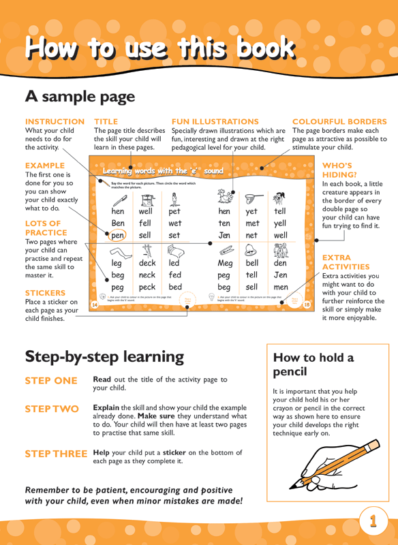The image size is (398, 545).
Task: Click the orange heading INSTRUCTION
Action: pyautogui.click(x=54, y=121)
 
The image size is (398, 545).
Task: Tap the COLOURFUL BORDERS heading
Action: pyautogui.click(x=339, y=121)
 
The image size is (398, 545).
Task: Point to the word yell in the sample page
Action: pyautogui.click(x=280, y=223)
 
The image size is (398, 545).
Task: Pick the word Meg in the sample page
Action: pyautogui.click(x=225, y=263)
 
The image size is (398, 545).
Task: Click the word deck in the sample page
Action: pyautogui.click(x=147, y=263)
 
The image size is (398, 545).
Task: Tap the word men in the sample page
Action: pyautogui.click(x=280, y=288)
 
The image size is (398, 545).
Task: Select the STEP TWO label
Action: pyautogui.click(x=52, y=409)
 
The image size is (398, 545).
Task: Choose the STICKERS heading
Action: pyautogui.click(x=45, y=292)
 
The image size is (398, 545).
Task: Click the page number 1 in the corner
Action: pyautogui.click(x=373, y=522)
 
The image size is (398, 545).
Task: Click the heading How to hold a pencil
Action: pyautogui.click(x=313, y=365)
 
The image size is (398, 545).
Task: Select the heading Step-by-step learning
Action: pyautogui.click(x=104, y=356)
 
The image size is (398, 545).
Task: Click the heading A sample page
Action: pyautogui.click(x=80, y=96)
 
